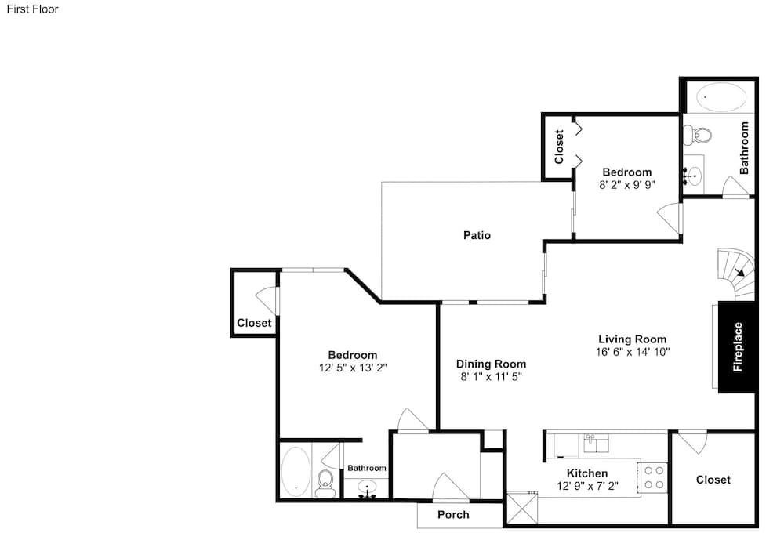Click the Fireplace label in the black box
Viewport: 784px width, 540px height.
point(738,346)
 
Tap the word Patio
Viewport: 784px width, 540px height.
point(477,235)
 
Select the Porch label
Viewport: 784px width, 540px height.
point(453,514)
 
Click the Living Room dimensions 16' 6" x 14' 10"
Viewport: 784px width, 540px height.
point(633,352)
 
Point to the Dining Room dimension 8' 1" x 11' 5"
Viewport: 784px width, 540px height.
point(491,377)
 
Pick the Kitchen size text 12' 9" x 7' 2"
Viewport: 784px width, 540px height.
point(587,485)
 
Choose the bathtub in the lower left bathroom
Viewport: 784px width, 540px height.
point(296,471)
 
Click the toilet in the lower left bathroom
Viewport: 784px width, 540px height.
point(325,483)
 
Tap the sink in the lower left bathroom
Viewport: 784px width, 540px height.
point(368,488)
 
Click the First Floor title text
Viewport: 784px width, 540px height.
point(32,9)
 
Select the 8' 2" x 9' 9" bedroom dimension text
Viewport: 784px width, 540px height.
point(627,184)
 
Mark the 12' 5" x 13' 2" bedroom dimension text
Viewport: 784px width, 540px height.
point(353,368)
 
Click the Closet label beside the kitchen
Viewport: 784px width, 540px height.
point(713,480)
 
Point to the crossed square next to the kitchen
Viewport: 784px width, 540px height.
point(522,508)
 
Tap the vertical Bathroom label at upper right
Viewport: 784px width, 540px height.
point(744,148)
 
